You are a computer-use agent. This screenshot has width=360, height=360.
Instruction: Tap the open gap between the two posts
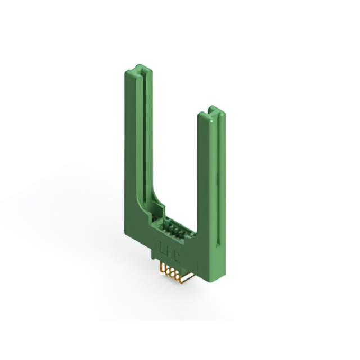pyautogui.click(x=174, y=157)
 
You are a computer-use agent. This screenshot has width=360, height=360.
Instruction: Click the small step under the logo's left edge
pyautogui.click(x=155, y=254)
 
